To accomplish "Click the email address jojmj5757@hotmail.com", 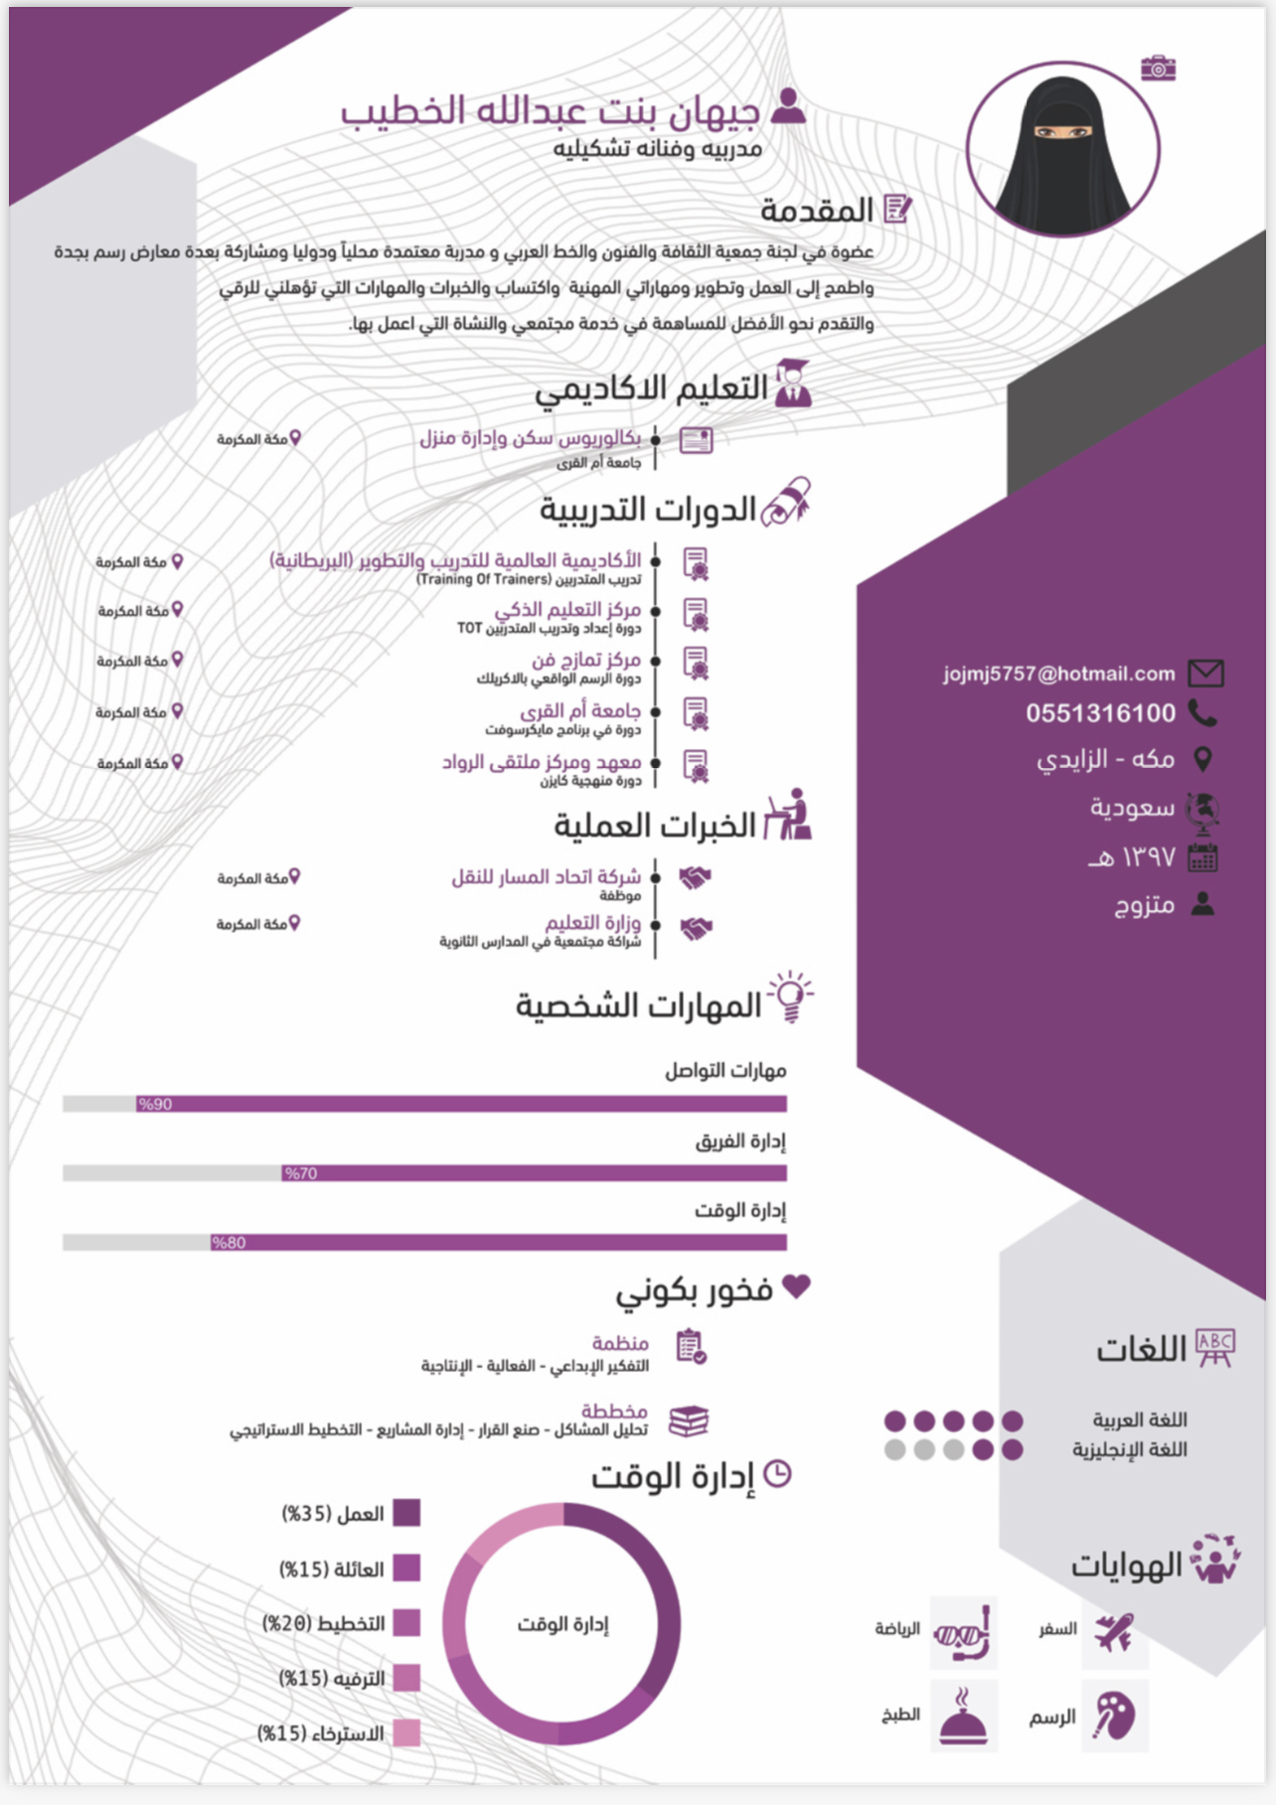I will click(x=1058, y=675).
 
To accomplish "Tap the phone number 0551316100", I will click(x=1100, y=713).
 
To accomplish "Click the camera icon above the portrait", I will click(x=1158, y=69).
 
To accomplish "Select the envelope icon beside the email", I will click(x=1205, y=674).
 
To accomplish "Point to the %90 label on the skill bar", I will click(x=155, y=1105).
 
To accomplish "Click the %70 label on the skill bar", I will click(x=300, y=1174).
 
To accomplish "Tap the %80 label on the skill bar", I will click(x=229, y=1243).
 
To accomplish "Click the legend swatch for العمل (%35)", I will click(x=406, y=1513).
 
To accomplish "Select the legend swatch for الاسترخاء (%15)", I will click(x=406, y=1733).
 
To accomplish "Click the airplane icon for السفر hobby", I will click(x=1114, y=1632).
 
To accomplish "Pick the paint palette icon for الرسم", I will click(x=1114, y=1716).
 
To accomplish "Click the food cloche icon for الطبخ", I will click(x=963, y=1716).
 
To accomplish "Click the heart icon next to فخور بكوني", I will click(x=796, y=1286).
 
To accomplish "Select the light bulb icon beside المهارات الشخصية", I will click(x=790, y=996).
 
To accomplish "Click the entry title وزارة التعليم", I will click(x=592, y=923).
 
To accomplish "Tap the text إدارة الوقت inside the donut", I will click(x=562, y=1624).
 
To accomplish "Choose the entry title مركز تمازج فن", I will click(x=585, y=660).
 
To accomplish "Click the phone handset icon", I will click(x=1202, y=713).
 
